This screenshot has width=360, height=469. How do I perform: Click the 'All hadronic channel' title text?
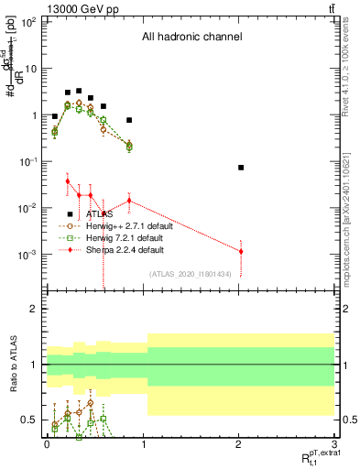[191, 38]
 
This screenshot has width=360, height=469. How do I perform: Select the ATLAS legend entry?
[94, 213]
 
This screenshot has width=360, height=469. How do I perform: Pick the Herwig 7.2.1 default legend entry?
[123, 236]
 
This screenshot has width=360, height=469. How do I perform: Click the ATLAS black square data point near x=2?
[241, 168]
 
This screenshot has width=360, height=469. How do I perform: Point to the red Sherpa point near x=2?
[241, 251]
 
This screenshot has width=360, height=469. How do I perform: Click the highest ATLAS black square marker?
[79, 92]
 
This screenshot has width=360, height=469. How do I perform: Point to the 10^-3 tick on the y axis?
[27, 255]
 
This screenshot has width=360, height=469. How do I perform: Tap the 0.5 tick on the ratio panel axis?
[28, 420]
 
